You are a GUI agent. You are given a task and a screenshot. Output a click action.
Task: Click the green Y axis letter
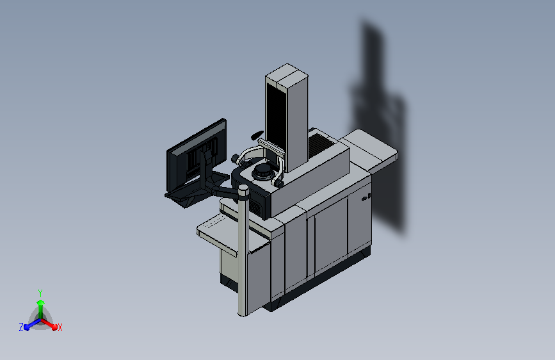40,293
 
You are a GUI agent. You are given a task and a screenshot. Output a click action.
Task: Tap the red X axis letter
60,327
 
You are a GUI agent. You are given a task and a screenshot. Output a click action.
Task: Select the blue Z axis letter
21,327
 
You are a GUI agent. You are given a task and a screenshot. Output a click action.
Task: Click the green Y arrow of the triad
41,310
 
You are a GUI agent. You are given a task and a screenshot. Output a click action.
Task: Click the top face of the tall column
287,74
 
